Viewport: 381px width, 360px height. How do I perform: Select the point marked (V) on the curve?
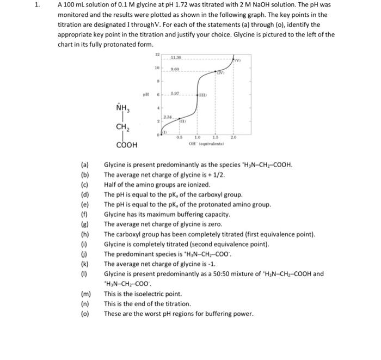(237, 59)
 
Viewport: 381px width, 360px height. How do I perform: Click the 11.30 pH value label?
(176, 58)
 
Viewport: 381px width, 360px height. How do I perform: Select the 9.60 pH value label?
(175, 69)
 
